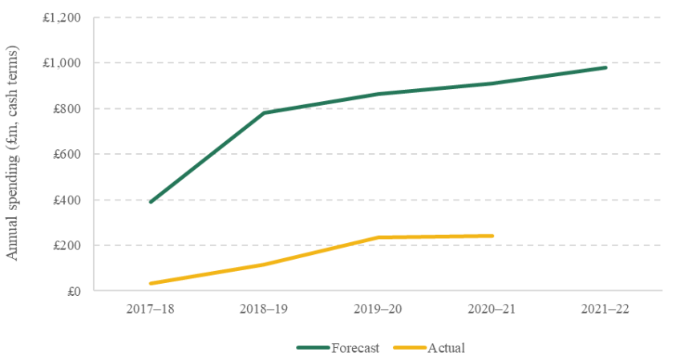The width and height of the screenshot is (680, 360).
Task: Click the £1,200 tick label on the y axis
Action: click(x=61, y=18)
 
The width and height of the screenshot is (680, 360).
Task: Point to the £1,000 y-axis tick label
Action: click(x=61, y=63)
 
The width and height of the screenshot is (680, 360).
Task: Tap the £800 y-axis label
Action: click(x=67, y=108)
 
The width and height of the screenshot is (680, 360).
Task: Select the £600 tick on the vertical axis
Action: click(x=67, y=154)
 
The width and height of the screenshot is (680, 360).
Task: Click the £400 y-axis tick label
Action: click(x=67, y=200)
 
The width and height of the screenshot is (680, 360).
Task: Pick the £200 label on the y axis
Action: click(x=67, y=245)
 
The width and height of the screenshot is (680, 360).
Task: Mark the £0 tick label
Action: click(x=74, y=291)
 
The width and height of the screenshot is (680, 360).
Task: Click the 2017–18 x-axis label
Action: click(x=150, y=309)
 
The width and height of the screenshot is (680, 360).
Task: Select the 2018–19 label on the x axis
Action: click(x=264, y=309)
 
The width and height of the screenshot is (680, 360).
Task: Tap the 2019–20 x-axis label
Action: click(x=378, y=309)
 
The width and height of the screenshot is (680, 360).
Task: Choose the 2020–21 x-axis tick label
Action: click(x=492, y=309)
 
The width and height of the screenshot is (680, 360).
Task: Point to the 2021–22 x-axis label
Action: click(x=605, y=309)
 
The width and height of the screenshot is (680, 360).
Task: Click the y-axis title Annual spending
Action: click(x=13, y=152)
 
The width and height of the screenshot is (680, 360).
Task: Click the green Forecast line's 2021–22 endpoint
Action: click(x=605, y=67)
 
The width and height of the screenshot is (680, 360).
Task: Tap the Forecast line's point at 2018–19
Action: click(x=264, y=113)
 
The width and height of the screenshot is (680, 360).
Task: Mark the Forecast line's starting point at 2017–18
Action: click(x=151, y=202)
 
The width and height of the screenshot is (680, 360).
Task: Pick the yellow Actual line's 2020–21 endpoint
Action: click(x=492, y=236)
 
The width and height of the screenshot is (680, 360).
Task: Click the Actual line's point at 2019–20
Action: click(x=378, y=237)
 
